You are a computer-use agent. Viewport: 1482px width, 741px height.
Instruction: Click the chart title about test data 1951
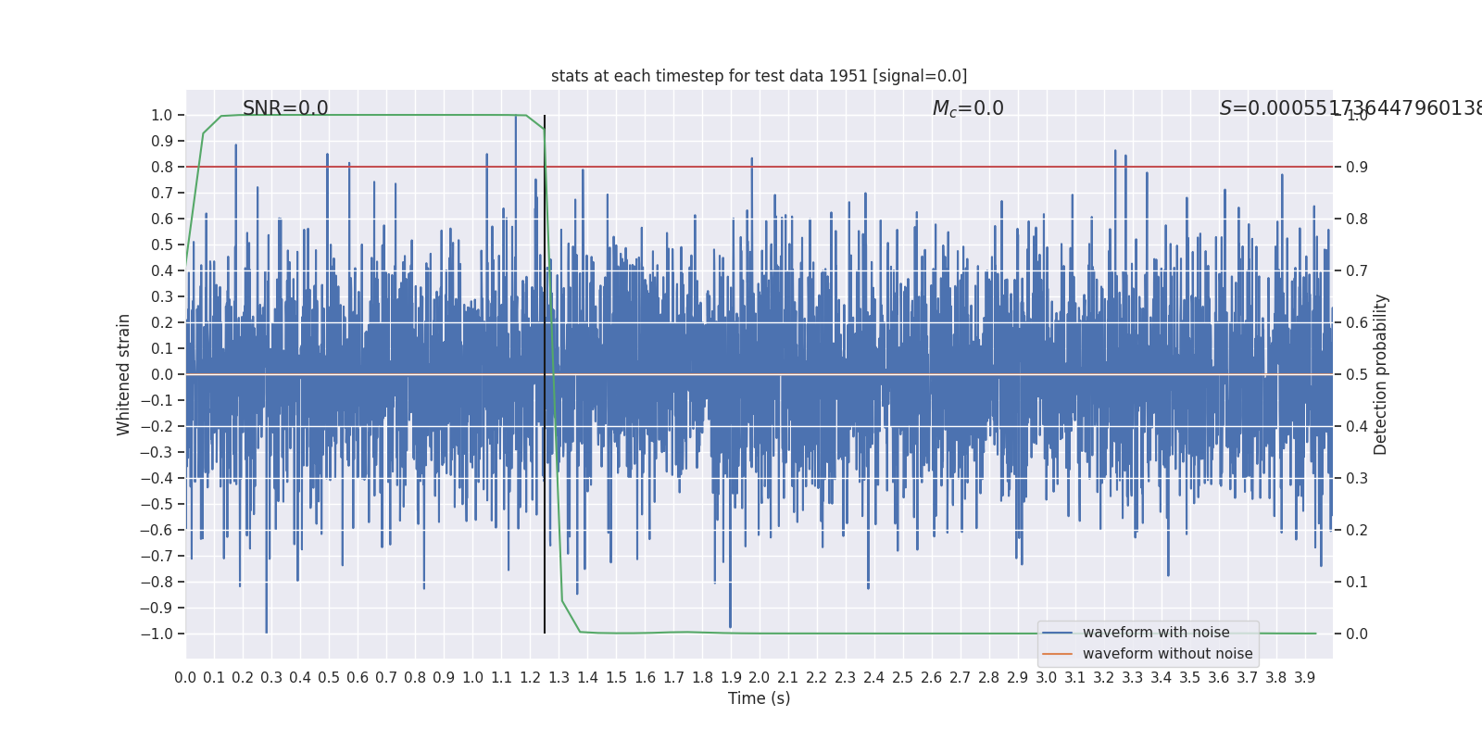759,76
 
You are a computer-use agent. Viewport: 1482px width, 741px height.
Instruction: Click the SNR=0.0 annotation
285,108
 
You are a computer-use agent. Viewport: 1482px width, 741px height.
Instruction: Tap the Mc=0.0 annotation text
968,108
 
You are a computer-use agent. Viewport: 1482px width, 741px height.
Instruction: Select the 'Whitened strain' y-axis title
124,374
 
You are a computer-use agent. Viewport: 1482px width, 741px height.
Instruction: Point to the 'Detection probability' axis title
1381,374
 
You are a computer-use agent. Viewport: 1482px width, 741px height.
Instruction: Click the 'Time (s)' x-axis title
759,698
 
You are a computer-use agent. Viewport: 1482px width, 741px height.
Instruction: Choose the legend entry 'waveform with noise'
1156,633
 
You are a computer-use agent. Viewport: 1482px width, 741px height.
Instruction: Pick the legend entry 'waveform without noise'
1167,654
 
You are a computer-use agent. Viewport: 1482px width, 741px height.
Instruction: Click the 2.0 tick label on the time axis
759,678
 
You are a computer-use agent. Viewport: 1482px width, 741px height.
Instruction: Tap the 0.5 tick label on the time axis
329,678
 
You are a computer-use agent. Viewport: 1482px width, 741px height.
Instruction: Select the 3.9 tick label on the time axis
1304,678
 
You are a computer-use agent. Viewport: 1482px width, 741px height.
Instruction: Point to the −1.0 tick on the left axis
157,634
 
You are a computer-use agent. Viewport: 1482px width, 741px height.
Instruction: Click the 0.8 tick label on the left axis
162,167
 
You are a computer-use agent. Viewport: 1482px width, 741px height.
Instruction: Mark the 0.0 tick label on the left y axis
162,374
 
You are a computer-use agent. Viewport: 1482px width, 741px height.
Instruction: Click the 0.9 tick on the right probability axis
1357,167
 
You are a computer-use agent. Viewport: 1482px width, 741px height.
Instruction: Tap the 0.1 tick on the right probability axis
1357,582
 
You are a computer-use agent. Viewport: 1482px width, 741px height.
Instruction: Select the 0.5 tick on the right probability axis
1357,374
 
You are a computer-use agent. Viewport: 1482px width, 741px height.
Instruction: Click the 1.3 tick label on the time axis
559,678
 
